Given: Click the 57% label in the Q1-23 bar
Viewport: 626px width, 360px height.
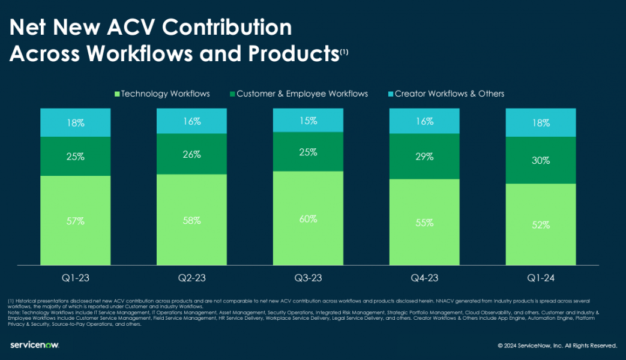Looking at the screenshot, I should (x=76, y=221).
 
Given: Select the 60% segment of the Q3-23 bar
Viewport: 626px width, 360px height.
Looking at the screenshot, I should (x=308, y=219).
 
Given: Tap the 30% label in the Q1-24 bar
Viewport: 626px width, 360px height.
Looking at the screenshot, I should (x=541, y=161).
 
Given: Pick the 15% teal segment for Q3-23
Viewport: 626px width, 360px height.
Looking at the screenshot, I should (x=308, y=121).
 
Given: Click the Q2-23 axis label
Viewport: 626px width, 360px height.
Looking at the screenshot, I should (x=191, y=278).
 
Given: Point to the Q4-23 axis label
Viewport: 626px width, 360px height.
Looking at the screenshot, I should (x=424, y=278).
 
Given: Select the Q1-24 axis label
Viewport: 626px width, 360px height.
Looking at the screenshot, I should (x=541, y=278).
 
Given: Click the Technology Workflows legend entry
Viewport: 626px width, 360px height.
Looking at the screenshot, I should (x=161, y=94).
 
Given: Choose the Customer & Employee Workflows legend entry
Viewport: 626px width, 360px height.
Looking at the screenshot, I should (x=298, y=94).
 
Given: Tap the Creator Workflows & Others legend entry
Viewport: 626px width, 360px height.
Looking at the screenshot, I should (x=445, y=94).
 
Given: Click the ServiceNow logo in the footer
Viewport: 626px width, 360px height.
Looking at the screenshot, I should (x=34, y=345).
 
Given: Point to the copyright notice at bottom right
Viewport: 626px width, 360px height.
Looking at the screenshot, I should (x=557, y=346).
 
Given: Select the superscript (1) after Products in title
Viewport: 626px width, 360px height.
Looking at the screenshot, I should (x=343, y=52).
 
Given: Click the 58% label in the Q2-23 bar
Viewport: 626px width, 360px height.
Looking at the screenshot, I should (x=191, y=220).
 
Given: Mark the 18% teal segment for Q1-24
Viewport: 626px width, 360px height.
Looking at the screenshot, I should (x=541, y=123).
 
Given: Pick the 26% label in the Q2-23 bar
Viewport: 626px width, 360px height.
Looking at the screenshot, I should (x=191, y=154).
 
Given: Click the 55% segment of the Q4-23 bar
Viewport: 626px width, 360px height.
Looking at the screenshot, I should (x=424, y=222).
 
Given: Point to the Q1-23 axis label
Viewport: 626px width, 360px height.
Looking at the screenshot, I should (x=76, y=278).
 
